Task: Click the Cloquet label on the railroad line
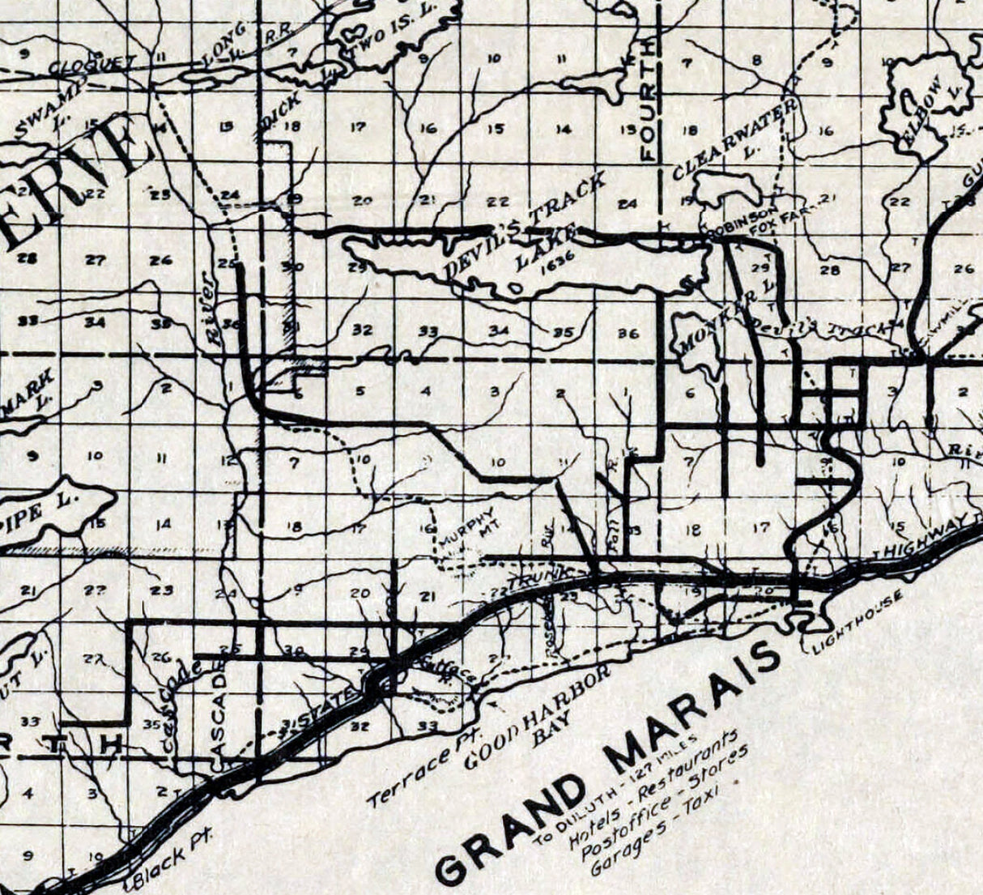[81, 65]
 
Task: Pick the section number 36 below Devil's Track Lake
[628, 333]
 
